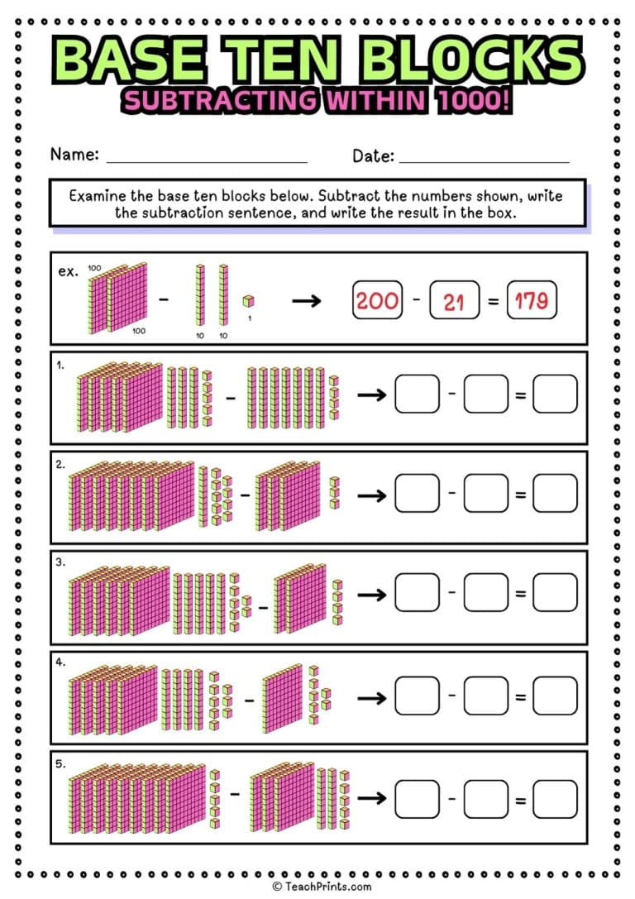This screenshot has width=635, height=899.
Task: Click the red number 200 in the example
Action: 377,300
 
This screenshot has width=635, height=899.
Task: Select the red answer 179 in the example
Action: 531,300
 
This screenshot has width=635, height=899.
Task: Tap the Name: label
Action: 74,155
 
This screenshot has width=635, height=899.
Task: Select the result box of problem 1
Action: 554,395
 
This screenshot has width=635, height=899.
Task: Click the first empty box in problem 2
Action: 417,495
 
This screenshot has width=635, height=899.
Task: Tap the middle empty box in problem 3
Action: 485,594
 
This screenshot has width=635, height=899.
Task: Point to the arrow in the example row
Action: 307,300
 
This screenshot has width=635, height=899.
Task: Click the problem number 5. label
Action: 61,764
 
